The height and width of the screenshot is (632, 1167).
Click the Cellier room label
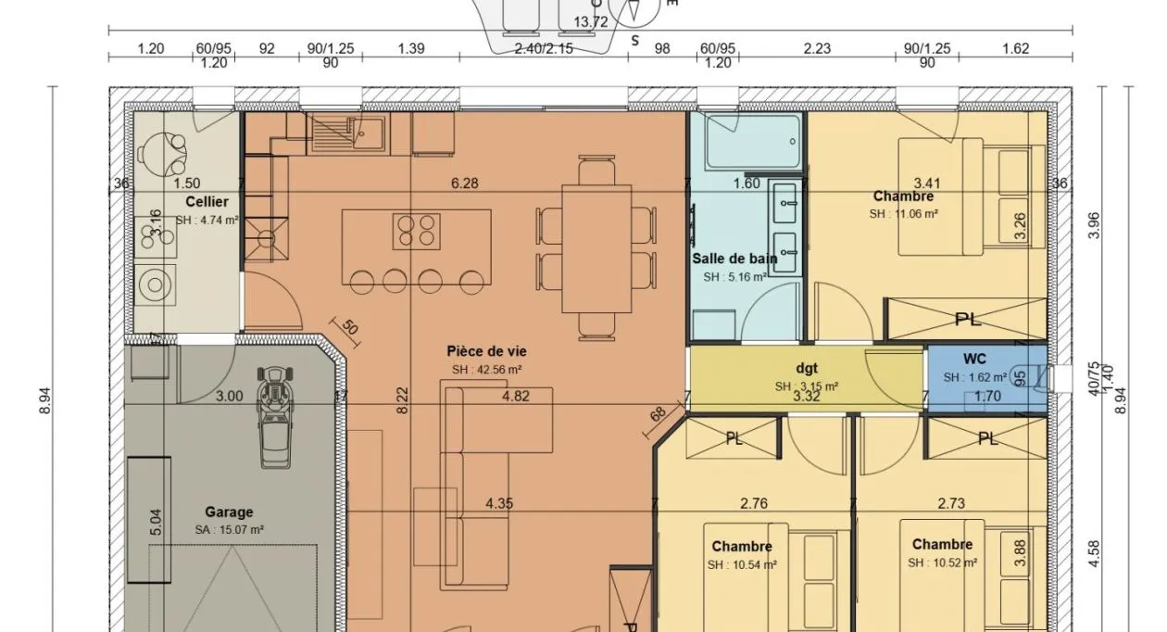pos(207,201)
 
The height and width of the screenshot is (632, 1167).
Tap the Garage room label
pos(229,512)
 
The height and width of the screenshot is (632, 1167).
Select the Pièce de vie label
pos(486,351)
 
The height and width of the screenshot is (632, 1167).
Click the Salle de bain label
pos(734,259)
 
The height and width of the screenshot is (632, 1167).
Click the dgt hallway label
pos(806,368)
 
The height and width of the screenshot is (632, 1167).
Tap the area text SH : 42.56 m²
pos(487,369)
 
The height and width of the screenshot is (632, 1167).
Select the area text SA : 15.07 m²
pos(229,529)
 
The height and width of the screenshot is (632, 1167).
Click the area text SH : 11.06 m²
pos(903,214)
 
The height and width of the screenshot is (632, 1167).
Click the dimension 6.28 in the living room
pos(464,183)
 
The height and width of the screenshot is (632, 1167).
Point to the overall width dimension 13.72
pos(591,21)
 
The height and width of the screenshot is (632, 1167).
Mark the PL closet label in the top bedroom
pos(968,320)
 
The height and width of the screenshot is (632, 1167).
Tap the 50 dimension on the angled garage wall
pos(350,326)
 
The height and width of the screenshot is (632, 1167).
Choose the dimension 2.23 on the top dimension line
pos(817,48)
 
